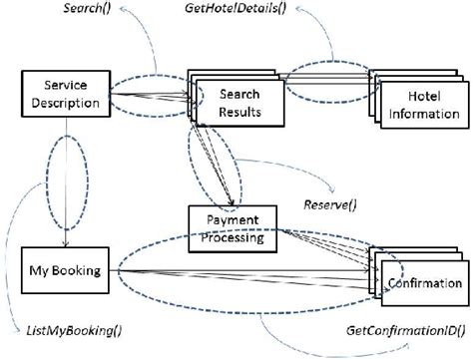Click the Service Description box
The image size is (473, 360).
click(x=63, y=94)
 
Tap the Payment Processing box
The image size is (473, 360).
click(x=234, y=228)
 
